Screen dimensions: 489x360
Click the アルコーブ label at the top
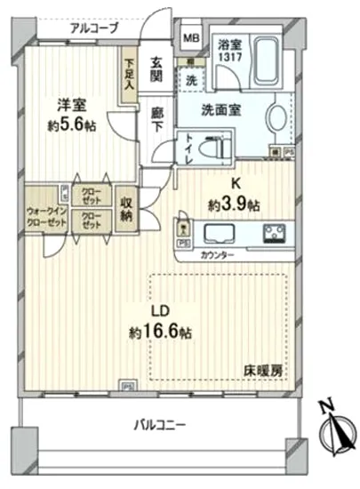(94, 28)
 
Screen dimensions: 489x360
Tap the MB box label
(191, 37)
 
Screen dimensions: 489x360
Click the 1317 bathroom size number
(229, 58)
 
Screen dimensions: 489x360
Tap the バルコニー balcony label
(162, 425)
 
